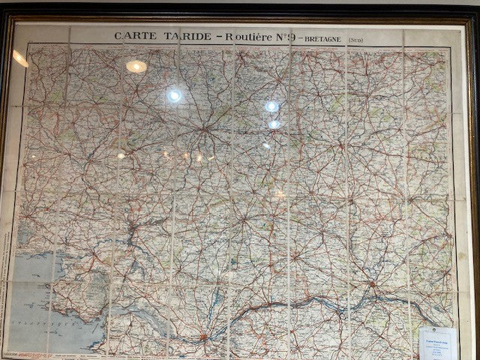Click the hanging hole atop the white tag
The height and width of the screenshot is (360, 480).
(x=437, y=330)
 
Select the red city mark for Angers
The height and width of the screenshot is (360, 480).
(x=372, y=285)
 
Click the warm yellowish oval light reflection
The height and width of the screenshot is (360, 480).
(x=136, y=67)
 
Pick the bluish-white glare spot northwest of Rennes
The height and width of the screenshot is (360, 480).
(x=174, y=95)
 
